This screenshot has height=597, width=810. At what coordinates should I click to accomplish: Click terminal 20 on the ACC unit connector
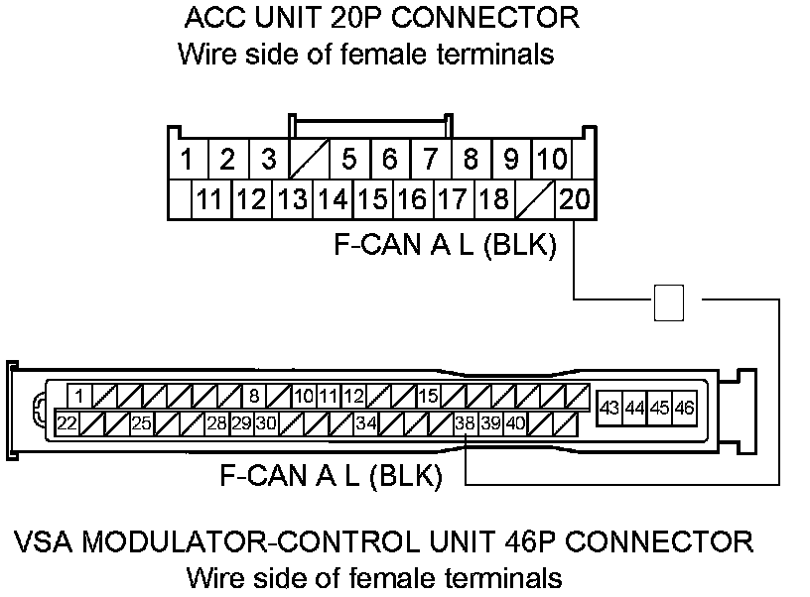click(x=575, y=199)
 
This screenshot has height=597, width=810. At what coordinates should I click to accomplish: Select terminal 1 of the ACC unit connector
click(x=187, y=159)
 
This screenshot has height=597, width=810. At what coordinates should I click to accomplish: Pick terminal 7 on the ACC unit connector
click(x=430, y=159)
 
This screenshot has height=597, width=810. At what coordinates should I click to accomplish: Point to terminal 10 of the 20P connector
click(x=551, y=159)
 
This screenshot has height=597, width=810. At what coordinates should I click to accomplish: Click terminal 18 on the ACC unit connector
click(x=493, y=199)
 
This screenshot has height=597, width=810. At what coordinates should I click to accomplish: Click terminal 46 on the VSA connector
click(x=684, y=408)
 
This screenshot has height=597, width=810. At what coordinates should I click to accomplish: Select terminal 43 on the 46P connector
click(x=610, y=408)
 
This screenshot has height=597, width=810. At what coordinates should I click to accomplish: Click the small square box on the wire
click(x=669, y=301)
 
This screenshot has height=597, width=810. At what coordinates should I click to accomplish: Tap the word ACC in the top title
click(x=211, y=18)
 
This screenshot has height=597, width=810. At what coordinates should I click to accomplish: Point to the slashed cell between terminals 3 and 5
click(x=308, y=159)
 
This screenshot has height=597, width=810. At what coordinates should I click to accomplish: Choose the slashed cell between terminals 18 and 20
click(x=534, y=199)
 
